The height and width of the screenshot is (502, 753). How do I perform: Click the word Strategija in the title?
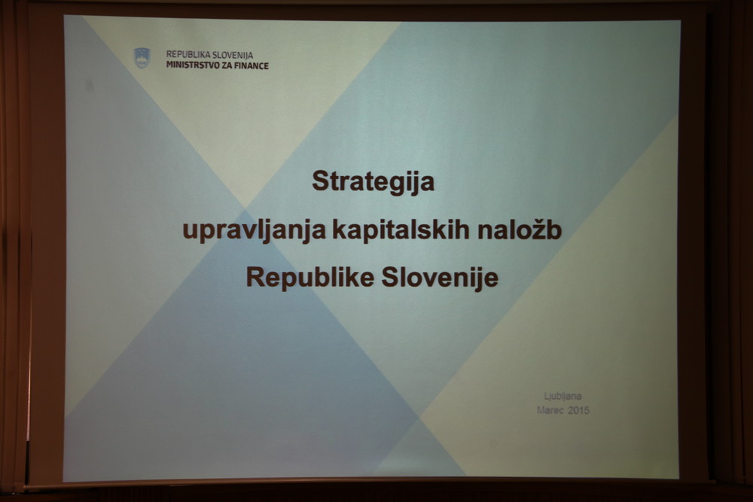[x=373, y=182]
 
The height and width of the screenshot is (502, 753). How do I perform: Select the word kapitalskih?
[x=401, y=230]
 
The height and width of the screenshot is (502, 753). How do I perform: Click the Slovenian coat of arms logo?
[x=142, y=58]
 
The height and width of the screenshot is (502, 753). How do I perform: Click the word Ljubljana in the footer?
[x=562, y=397]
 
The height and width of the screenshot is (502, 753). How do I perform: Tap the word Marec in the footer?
[x=550, y=410]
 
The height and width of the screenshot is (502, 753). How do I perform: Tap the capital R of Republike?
[x=256, y=277]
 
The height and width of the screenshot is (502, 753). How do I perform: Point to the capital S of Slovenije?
[x=390, y=277]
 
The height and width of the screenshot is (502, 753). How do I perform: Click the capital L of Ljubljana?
[x=547, y=396]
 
